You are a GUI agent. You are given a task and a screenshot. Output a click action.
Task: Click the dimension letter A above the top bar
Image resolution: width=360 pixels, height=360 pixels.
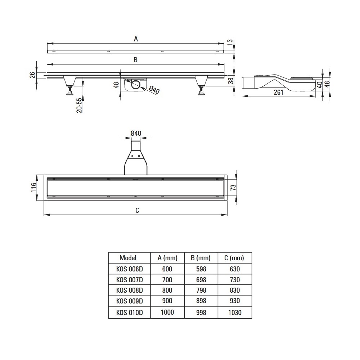[x=136, y=39]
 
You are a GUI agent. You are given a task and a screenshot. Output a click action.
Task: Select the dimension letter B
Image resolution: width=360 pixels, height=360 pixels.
[x=136, y=60]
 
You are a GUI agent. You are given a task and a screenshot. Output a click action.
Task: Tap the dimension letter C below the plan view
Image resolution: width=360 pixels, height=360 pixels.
[x=137, y=210]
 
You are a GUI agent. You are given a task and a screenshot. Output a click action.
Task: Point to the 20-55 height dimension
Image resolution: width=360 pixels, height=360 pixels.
[x=79, y=105]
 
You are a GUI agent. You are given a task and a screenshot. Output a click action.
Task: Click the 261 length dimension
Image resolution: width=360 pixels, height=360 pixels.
[x=279, y=92]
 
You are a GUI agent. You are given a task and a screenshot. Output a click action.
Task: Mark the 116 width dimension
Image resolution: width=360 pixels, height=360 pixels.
[x=33, y=187]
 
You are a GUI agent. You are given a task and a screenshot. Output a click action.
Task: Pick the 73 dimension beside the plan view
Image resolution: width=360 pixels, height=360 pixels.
[x=233, y=187]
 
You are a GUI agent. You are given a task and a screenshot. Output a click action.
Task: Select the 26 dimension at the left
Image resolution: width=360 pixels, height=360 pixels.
[x=32, y=75]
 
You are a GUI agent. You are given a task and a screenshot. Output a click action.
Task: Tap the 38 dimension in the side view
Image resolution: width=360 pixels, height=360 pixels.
[x=231, y=80]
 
